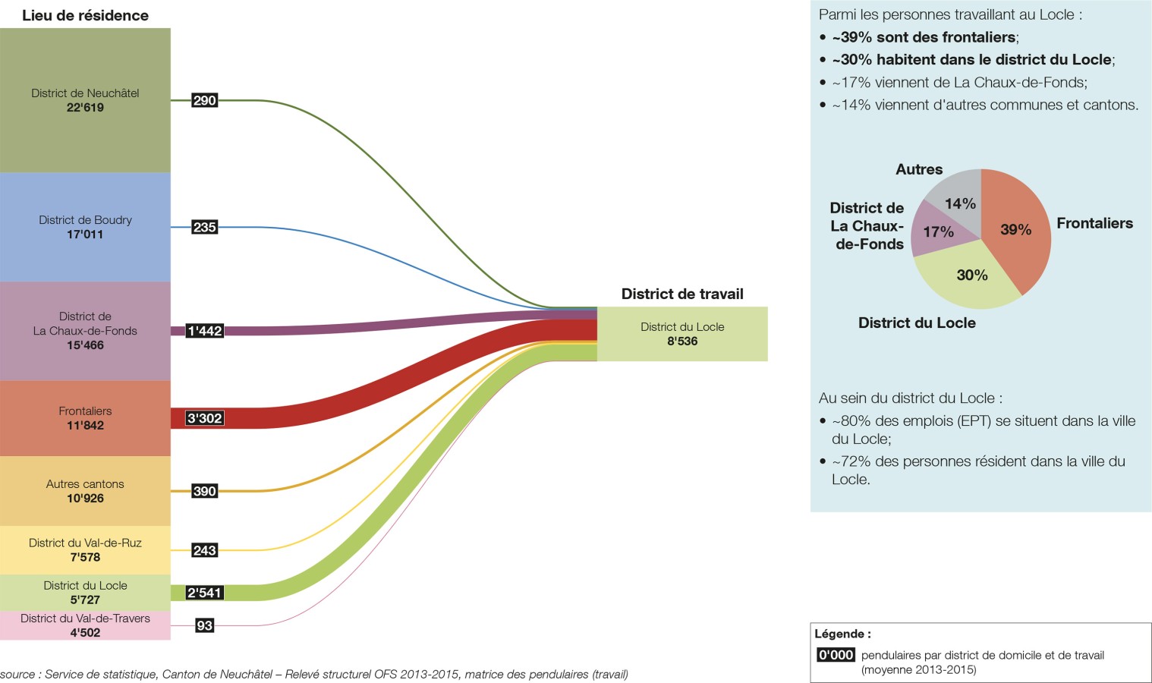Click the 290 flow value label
pos(204,100)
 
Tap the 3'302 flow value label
pos(204,418)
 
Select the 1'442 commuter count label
pos(204,331)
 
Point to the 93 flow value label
pos(204,625)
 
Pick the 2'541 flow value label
pos(204,593)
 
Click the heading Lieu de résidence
pos(85,15)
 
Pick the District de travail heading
pos(682,294)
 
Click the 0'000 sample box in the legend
pos(836,655)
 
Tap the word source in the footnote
pos(17,674)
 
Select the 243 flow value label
pos(204,550)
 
